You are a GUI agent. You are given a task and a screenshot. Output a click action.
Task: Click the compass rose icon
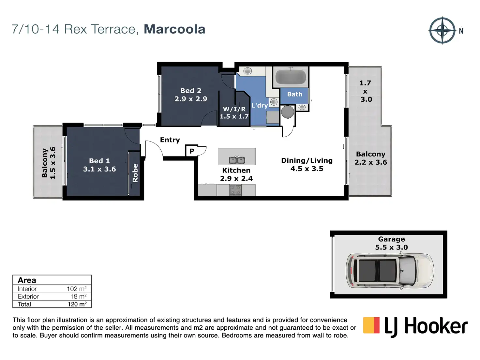click(442, 30)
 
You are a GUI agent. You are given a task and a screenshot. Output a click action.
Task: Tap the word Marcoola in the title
click(174, 29)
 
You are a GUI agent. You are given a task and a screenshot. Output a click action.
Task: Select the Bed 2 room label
click(191, 95)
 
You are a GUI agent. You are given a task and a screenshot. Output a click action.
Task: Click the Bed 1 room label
click(99, 165)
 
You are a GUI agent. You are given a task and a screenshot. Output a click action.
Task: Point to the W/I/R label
click(234, 112)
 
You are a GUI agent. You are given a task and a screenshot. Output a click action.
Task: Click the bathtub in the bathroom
click(291, 77)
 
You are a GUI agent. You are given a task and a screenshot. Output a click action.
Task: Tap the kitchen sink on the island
click(237, 160)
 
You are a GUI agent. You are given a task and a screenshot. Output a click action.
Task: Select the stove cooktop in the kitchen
click(236, 190)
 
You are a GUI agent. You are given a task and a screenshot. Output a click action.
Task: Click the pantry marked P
click(192, 151)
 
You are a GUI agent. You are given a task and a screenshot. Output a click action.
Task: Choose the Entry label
click(170, 140)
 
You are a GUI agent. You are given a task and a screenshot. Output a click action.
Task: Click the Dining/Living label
click(307, 164)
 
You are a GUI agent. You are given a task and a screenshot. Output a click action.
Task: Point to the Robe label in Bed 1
click(135, 173)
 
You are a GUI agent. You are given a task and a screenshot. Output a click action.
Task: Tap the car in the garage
click(390, 270)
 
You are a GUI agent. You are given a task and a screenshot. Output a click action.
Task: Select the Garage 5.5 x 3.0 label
click(391, 243)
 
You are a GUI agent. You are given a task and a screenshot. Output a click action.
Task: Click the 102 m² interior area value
click(77, 289)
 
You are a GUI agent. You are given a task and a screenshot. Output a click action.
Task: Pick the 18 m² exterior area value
click(78, 296)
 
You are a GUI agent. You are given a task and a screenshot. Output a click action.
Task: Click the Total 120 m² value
click(77, 304)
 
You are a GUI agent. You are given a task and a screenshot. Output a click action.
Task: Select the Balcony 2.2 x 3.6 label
click(371, 158)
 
